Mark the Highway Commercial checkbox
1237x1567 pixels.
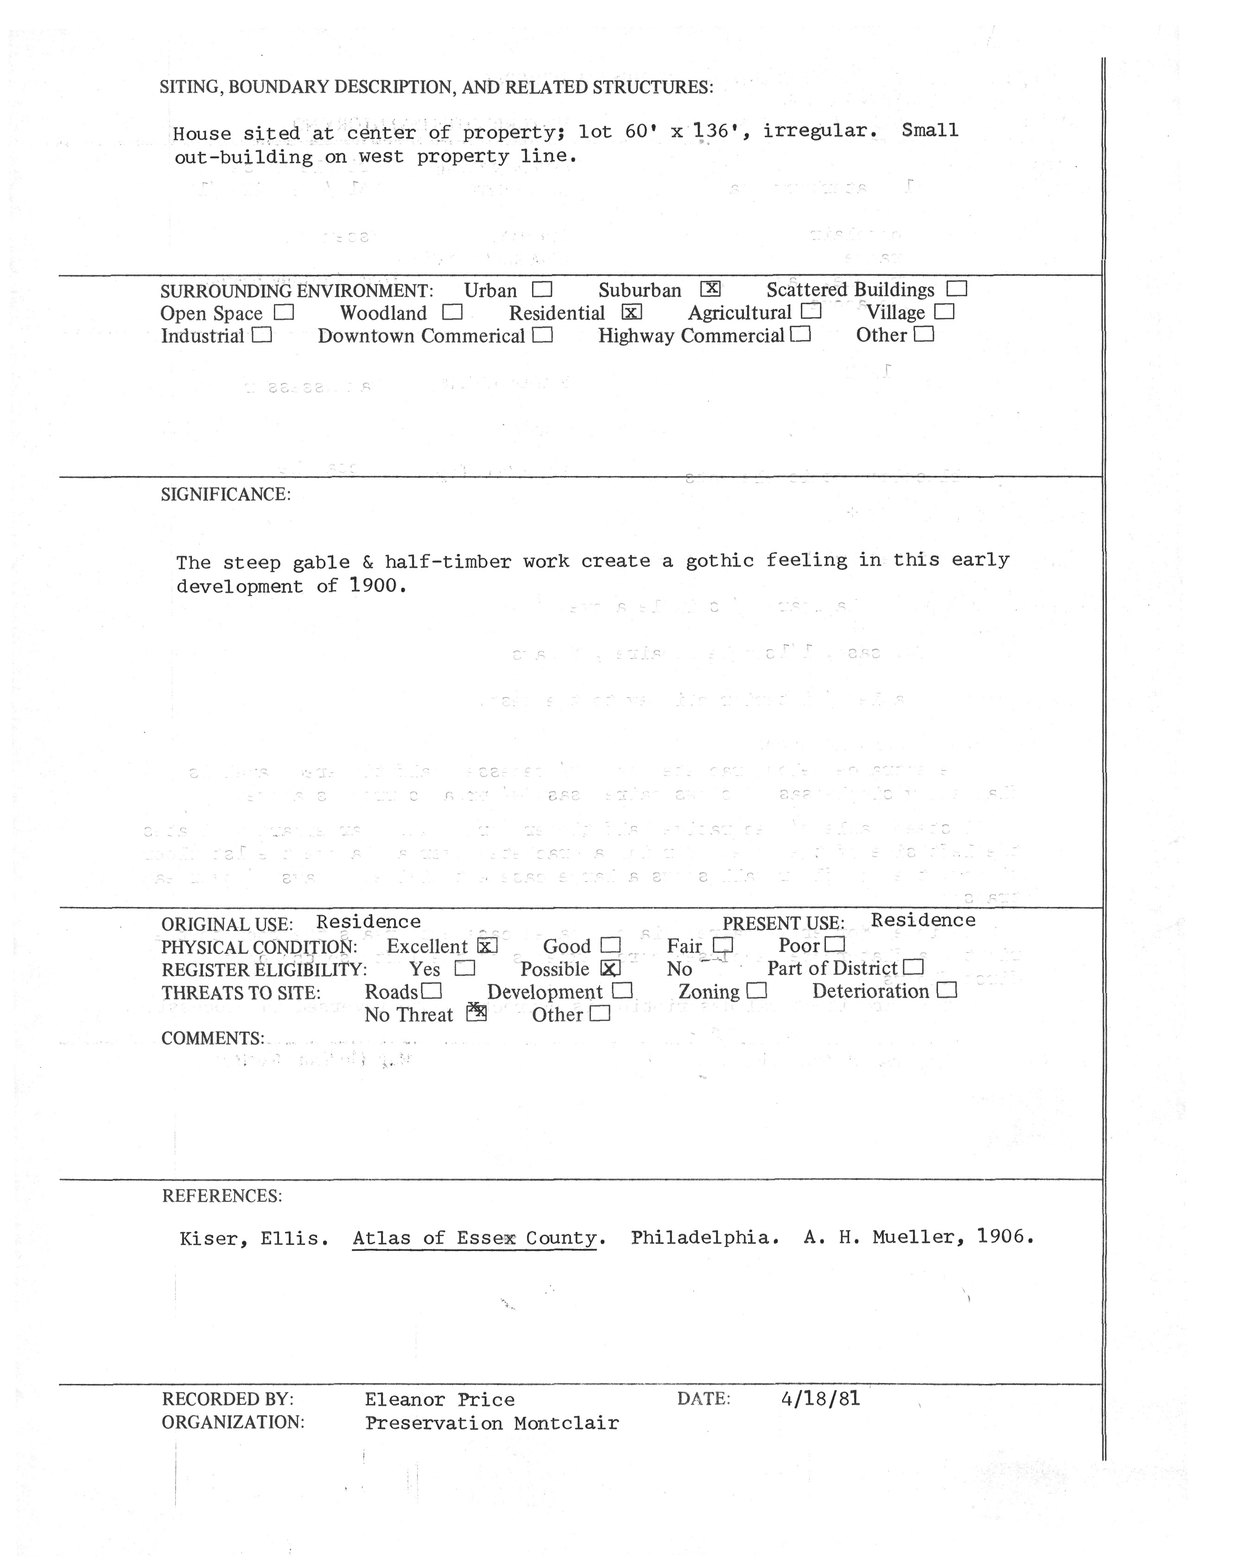click(800, 335)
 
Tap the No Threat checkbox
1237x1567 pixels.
click(476, 1013)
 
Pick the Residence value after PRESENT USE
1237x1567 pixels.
click(923, 920)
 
